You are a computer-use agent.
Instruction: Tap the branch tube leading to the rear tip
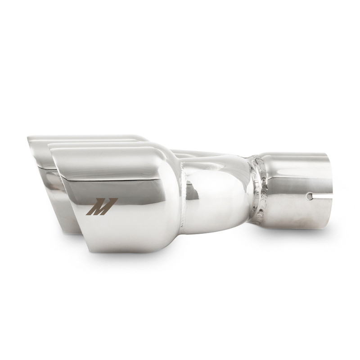(202, 155)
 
